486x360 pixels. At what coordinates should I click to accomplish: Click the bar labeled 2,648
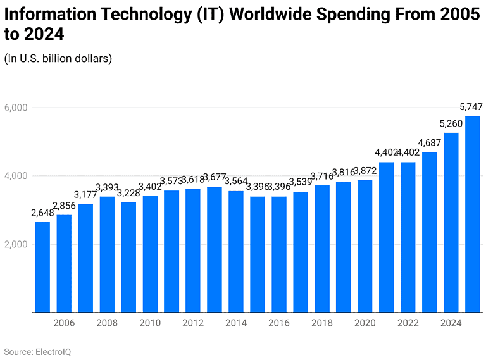42,266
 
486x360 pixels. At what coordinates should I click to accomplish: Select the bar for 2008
107,254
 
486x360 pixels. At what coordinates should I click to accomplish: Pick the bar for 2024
451,222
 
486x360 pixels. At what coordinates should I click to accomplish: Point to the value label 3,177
85,194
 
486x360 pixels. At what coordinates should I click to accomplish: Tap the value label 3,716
321,175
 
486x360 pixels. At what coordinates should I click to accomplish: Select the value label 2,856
64,206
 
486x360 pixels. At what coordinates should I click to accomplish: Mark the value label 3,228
128,192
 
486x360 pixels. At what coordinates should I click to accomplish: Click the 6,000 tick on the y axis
15,108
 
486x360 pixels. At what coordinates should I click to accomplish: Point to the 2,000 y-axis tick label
15,244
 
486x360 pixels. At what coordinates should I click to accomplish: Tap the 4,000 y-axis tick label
15,176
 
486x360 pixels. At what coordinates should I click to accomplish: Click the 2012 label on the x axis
193,323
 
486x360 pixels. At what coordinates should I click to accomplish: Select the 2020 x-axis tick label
364,323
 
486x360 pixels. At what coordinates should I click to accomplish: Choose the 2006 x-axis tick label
64,323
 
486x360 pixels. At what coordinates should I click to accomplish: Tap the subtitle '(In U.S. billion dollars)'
58,58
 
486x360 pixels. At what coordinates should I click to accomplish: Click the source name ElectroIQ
53,351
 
